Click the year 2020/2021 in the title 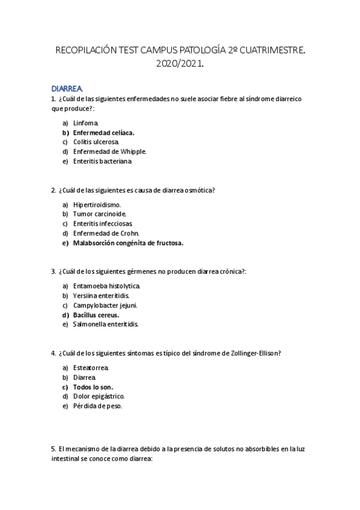point(180,64)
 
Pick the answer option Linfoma point(86,123)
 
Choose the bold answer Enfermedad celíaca point(103,132)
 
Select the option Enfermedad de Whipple point(109,152)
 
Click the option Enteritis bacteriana point(102,161)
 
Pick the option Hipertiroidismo point(97,204)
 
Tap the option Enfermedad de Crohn point(106,233)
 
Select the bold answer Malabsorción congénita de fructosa point(128,243)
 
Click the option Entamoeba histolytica point(106,286)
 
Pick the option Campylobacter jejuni point(105,306)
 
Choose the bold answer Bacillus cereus point(96,315)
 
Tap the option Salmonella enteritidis point(106,324)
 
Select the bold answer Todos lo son point(93,387)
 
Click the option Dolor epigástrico point(99,396)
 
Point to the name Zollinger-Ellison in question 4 point(251,353)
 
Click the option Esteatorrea point(91,367)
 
